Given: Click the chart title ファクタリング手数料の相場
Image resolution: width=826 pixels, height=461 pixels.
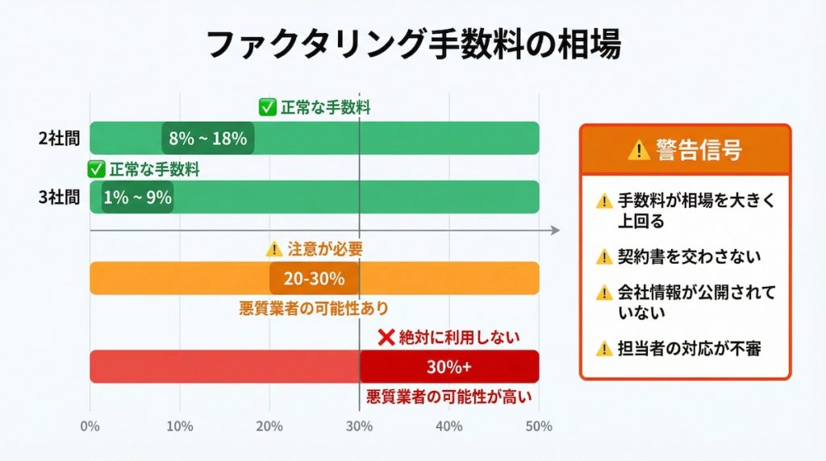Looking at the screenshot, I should point(413,44).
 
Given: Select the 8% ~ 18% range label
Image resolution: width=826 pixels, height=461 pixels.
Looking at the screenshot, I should point(207,138).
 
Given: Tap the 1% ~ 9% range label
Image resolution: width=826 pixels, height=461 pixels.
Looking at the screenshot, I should point(137,197).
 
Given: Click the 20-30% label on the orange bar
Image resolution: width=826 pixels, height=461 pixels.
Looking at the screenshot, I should point(314,279).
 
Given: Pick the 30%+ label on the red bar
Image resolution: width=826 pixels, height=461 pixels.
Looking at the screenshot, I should point(448,367).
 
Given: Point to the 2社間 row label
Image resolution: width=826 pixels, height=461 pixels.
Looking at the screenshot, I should point(60,138).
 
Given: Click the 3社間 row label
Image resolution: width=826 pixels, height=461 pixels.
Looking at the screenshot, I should point(60,197).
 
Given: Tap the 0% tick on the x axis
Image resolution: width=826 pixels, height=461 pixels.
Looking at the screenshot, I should point(90,426).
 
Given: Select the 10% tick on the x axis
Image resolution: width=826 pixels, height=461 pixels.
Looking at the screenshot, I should point(179,426).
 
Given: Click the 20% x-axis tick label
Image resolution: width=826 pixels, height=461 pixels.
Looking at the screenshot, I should point(269,426).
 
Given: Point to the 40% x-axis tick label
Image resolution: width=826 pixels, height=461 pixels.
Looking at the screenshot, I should point(448,426).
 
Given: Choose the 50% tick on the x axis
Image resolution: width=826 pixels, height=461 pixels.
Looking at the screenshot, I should point(538,426).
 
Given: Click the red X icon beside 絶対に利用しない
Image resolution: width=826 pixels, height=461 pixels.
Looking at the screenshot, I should point(386,337).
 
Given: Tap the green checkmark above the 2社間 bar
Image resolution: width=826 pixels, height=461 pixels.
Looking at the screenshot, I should point(266,107).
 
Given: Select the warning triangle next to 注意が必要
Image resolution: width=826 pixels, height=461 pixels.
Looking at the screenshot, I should point(274,249).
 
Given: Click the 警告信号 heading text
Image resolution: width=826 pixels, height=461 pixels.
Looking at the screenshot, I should point(699,150).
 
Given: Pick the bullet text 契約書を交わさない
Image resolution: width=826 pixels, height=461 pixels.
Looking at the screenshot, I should point(689,256).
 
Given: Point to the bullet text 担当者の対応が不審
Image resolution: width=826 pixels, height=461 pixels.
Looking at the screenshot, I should point(689,348).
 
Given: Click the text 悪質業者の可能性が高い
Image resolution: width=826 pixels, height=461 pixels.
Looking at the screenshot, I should point(449,397).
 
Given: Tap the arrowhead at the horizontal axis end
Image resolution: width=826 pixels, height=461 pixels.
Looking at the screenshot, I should point(555,230).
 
